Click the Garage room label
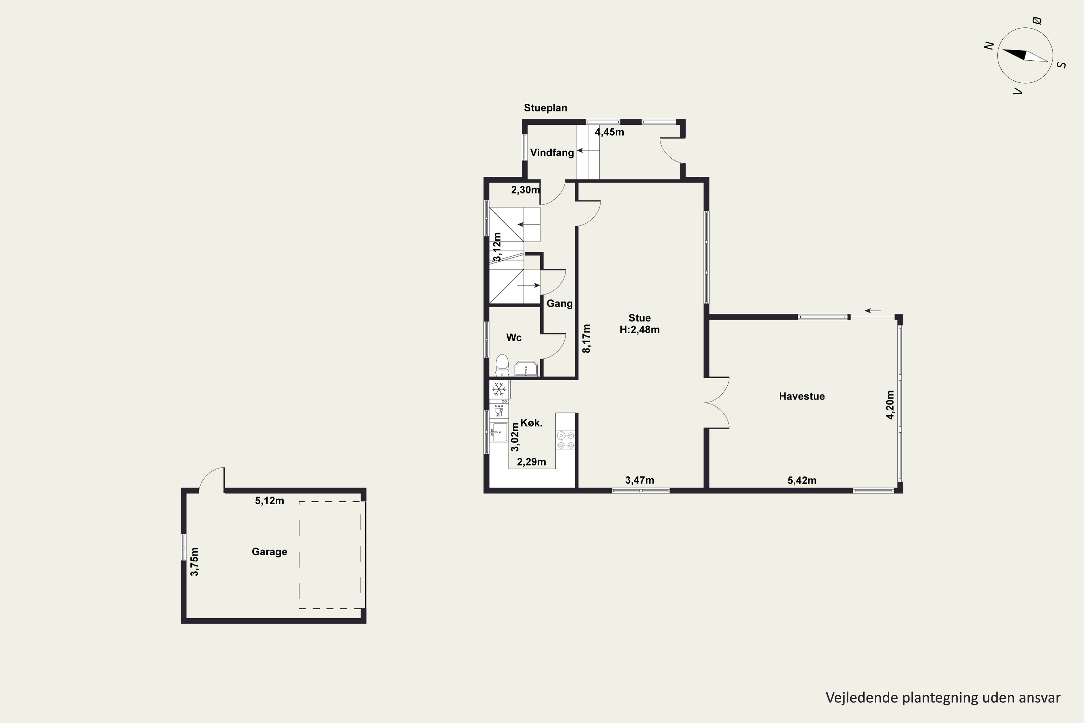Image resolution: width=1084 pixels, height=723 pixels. tap(269, 552)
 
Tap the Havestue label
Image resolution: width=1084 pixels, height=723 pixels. tap(801, 396)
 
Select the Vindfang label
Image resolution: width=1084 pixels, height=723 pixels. tap(552, 153)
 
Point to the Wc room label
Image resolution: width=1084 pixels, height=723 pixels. tap(514, 338)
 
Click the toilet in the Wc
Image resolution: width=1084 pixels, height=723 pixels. tap(502, 365)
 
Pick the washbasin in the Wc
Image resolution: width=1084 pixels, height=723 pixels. tap(526, 369)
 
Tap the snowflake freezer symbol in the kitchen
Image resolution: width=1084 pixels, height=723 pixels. tap(498, 389)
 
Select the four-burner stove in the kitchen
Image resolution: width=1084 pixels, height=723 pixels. tap(565, 440)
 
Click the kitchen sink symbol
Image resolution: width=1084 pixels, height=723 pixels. tap(498, 432)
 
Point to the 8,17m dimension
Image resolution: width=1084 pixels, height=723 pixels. tap(586, 338)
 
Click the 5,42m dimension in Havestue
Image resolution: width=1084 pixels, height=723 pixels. tap(802, 480)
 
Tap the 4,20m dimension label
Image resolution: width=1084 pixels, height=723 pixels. tap(890, 405)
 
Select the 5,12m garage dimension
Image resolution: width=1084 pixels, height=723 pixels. tap(270, 501)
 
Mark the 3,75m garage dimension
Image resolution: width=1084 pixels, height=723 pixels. tap(194, 562)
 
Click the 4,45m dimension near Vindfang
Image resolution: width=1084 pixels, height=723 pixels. tap(609, 132)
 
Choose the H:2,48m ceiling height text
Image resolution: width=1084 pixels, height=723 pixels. tap(639, 330)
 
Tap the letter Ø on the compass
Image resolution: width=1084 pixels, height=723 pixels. tap(1037, 20)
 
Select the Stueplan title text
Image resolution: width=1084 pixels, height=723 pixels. tap(545, 108)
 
